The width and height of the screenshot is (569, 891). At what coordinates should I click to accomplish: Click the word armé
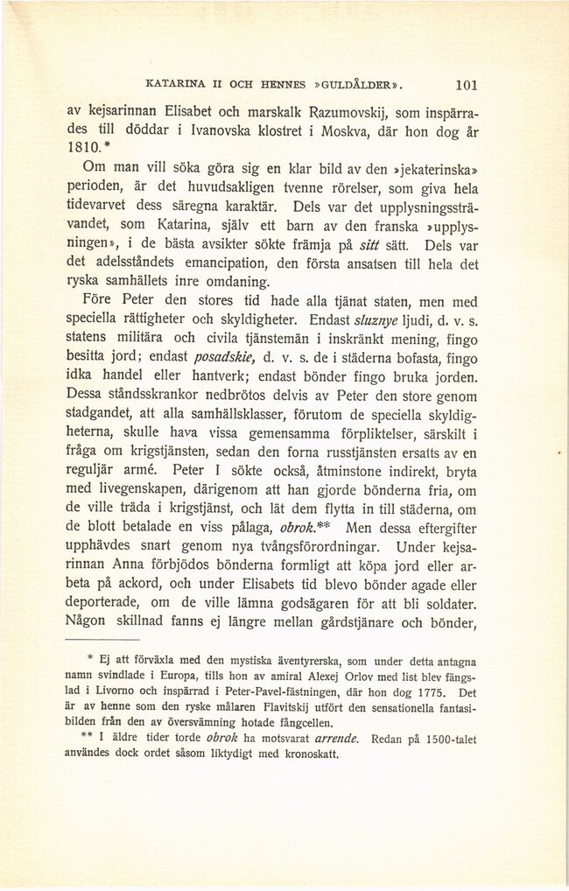pos(149,471)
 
